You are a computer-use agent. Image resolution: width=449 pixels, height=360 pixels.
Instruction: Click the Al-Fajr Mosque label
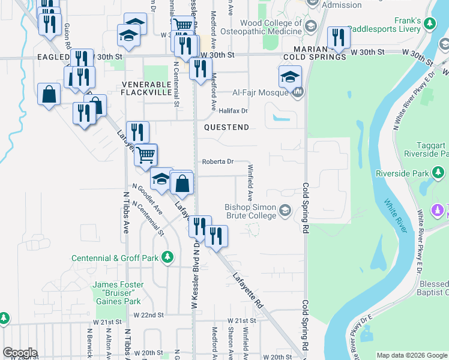[261, 93]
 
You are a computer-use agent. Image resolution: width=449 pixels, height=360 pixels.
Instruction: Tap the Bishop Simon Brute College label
[250, 211]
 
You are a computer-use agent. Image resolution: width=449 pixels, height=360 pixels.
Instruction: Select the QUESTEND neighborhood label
[226, 127]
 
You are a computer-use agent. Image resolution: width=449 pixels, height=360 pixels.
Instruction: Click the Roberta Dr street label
[217, 161]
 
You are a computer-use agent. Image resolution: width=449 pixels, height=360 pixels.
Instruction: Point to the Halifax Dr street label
[233, 111]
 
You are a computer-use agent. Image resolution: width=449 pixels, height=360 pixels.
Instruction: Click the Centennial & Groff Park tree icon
[169, 258]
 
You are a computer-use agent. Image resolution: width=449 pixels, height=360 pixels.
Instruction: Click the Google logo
[19, 353]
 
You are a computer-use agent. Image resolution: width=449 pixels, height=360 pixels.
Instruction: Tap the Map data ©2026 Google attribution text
[412, 355]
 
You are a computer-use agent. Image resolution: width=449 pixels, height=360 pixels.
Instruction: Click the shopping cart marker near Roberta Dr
[145, 155]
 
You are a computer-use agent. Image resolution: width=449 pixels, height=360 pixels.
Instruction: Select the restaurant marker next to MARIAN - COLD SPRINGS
[338, 38]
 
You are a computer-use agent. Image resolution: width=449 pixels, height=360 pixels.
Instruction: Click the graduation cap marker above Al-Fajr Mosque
[289, 76]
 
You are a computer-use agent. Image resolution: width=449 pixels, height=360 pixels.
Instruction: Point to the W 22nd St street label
[149, 315]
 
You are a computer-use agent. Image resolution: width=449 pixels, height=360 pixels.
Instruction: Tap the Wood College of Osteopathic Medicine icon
[311, 26]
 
